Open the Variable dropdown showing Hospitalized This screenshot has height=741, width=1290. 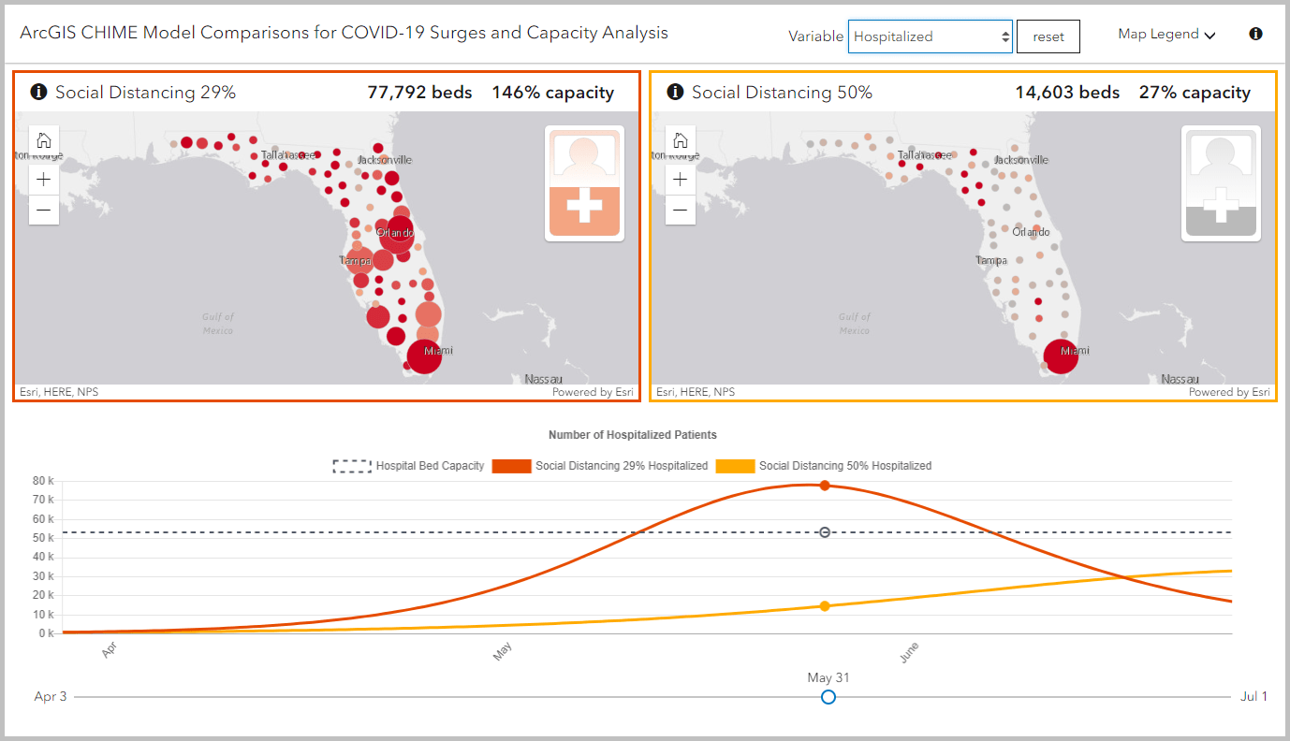tap(930, 36)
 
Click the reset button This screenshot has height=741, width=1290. tap(1048, 36)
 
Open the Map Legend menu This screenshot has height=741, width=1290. tap(1166, 35)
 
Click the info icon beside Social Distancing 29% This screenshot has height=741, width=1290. tap(38, 92)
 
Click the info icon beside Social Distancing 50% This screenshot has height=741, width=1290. tap(675, 92)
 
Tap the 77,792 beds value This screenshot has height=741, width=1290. tap(419, 92)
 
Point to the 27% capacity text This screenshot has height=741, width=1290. tap(1195, 92)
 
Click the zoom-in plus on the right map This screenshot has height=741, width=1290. tap(681, 180)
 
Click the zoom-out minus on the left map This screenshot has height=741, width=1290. tap(44, 211)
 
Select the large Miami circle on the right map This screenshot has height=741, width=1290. tap(1061, 356)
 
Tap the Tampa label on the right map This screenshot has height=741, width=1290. tap(990, 260)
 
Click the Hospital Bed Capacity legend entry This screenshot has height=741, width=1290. tap(409, 466)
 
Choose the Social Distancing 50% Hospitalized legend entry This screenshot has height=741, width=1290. tap(824, 466)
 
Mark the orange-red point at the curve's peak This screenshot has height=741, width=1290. tap(825, 486)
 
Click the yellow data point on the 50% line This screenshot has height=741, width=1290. tap(825, 606)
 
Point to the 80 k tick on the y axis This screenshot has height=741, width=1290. tap(44, 481)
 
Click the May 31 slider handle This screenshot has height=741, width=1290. tap(828, 697)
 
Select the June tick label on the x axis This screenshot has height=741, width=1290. tap(909, 652)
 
